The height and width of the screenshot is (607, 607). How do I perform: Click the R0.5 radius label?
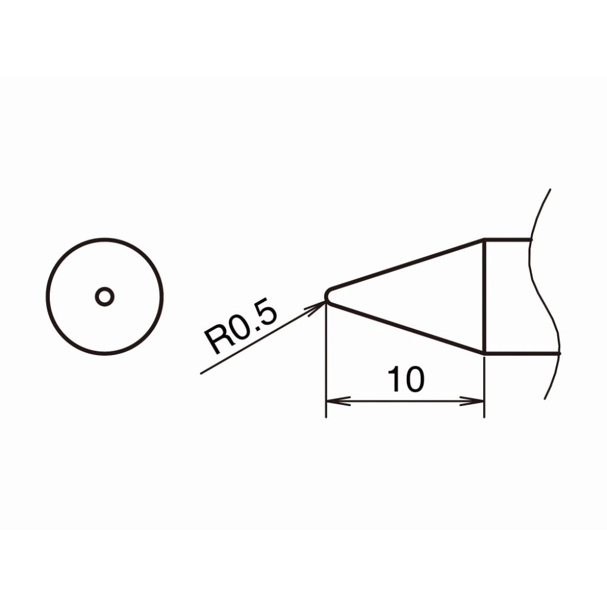pos(241,328)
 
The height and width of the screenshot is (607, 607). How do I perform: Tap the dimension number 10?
pos(405,379)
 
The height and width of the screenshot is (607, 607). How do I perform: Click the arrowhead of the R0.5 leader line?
pos(317,308)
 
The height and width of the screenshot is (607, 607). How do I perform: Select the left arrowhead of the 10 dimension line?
pos(337,401)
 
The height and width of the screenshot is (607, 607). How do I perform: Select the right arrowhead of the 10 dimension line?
pos(472,401)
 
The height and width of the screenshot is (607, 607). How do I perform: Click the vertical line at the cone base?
pos(484,296)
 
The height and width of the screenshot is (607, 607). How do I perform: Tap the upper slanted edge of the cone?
pos(407,264)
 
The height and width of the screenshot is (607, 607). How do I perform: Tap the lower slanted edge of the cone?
pos(407,327)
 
